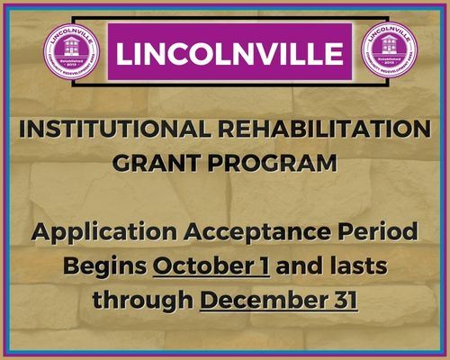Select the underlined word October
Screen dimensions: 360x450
click(x=202, y=266)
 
